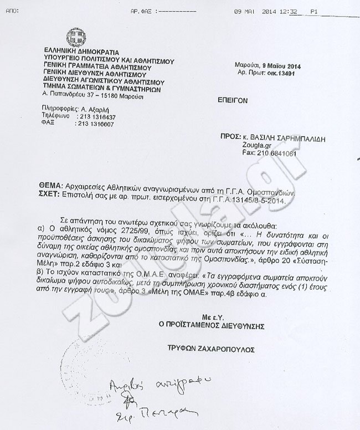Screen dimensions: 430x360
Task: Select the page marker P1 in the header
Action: point(314,11)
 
